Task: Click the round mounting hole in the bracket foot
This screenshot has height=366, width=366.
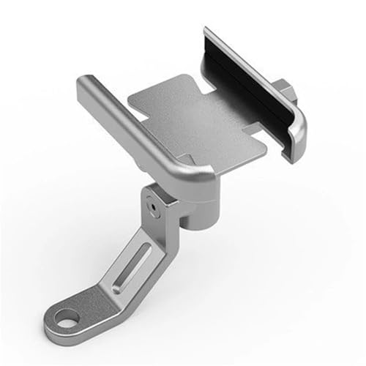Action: [x=69, y=320]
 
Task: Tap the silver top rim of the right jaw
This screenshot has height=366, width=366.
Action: [x=256, y=70]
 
